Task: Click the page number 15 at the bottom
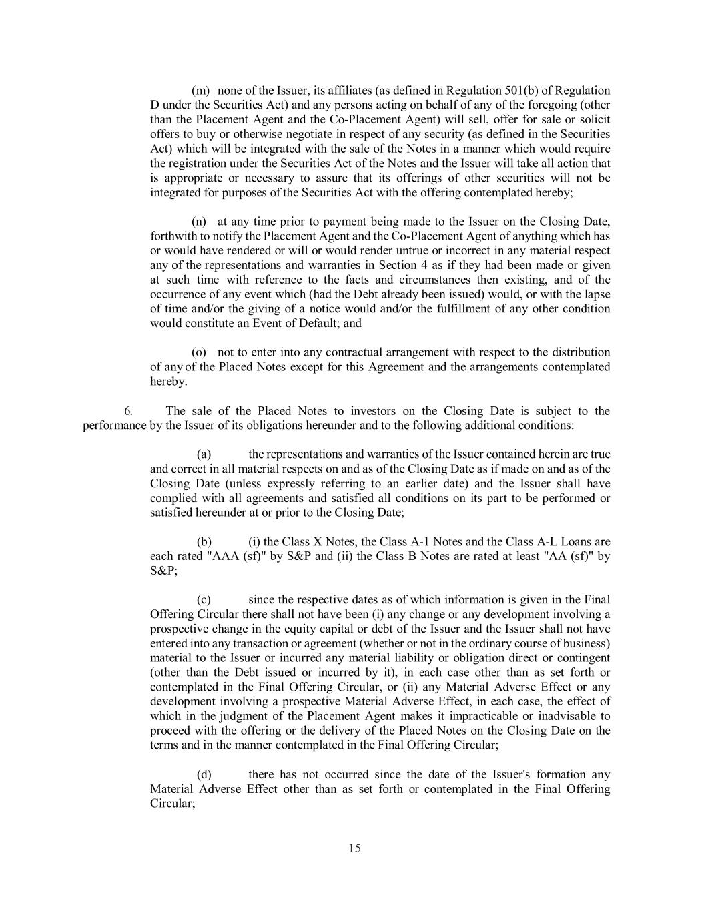click(354, 848)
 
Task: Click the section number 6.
click(128, 411)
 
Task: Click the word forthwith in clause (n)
click(171, 236)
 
